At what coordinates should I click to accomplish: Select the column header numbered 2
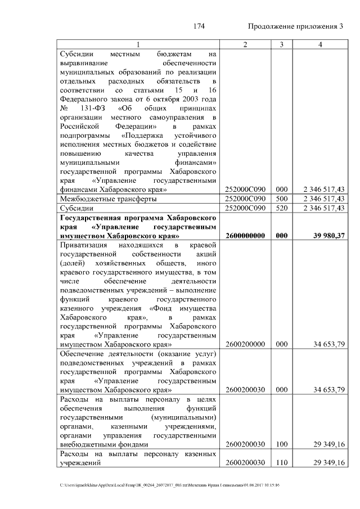[x=245, y=44]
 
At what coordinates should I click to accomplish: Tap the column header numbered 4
[x=319, y=44]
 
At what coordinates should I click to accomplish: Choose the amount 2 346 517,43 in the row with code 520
[x=323, y=208]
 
